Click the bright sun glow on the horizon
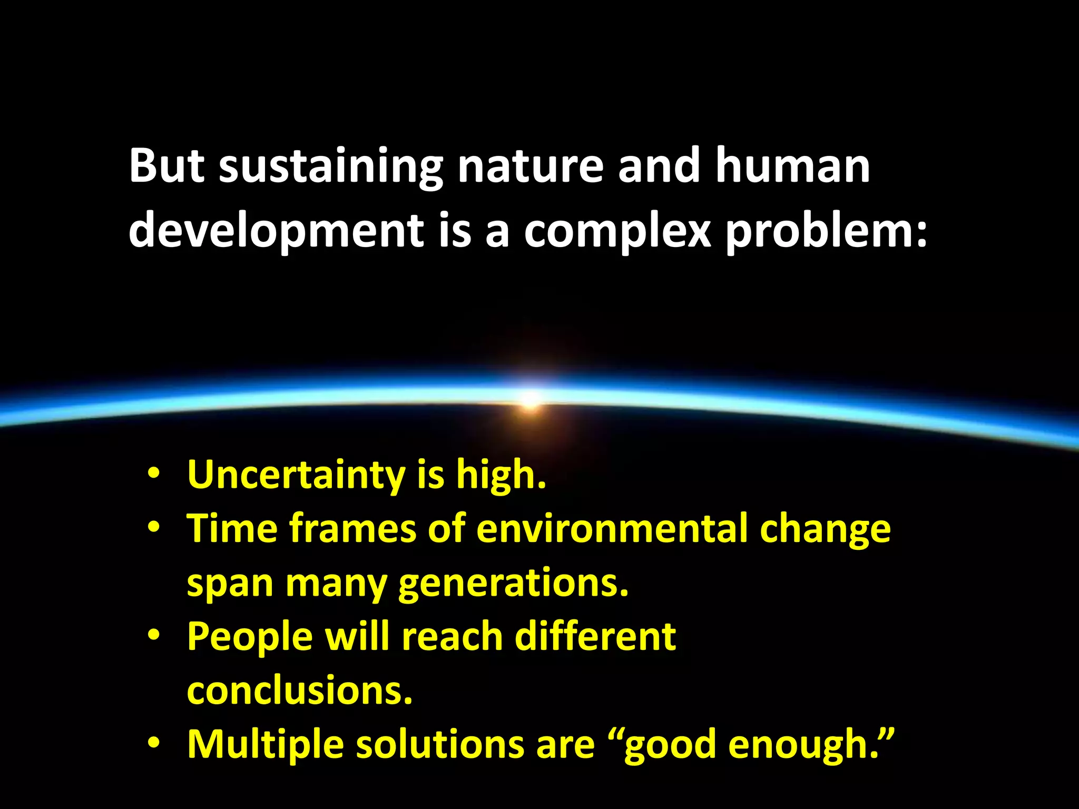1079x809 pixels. click(531, 398)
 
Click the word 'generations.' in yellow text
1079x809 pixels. click(514, 584)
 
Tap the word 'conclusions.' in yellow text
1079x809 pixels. click(300, 691)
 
